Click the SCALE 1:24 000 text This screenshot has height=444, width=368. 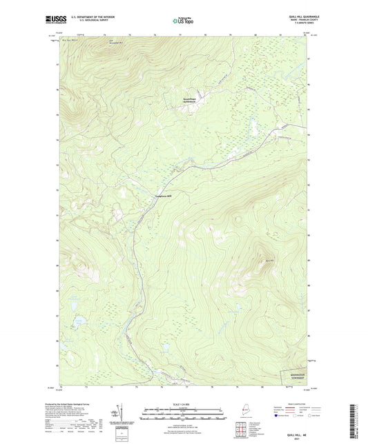coord(184,404)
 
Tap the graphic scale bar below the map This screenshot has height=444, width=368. coord(184,416)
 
